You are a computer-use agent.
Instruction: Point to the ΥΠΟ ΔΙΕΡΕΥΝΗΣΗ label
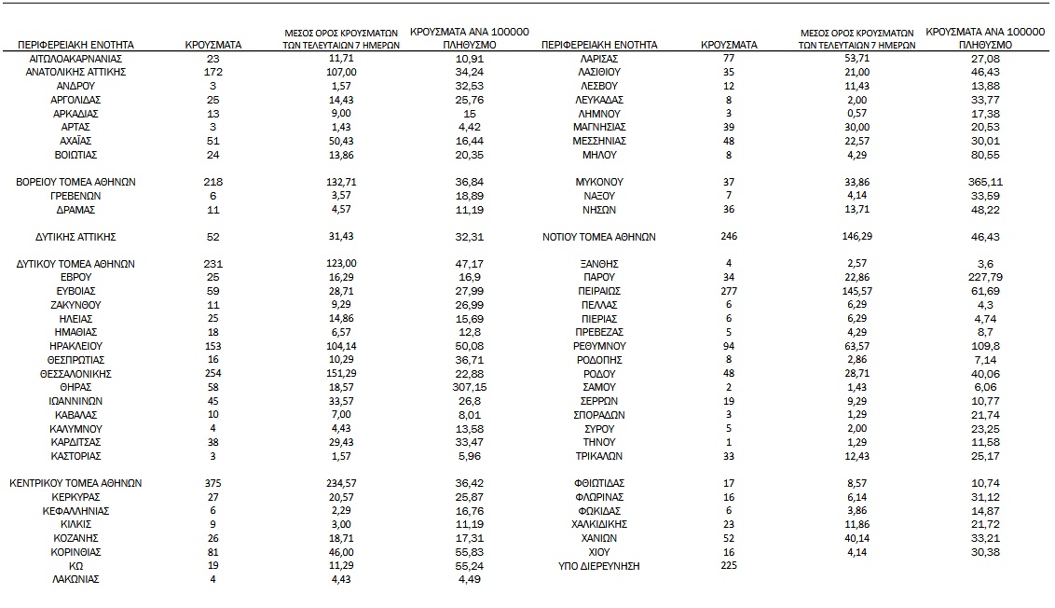[599, 566]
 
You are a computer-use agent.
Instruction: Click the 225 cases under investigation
[729, 566]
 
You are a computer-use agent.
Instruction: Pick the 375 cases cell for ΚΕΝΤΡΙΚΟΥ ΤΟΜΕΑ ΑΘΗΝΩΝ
[213, 483]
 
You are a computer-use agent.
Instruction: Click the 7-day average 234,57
[344, 483]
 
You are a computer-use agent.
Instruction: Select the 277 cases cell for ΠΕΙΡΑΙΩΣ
[729, 291]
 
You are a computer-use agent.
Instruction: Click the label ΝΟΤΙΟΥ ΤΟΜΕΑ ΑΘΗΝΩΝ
[599, 237]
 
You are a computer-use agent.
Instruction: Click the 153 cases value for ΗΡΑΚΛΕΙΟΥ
[213, 346]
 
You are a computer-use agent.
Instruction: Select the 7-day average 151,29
[344, 373]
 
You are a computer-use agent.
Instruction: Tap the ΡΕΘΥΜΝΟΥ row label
[599, 346]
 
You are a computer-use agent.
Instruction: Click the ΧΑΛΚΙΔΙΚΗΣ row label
[599, 524]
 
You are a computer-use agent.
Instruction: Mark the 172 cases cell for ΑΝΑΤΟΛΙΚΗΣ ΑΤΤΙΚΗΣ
[213, 72]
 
